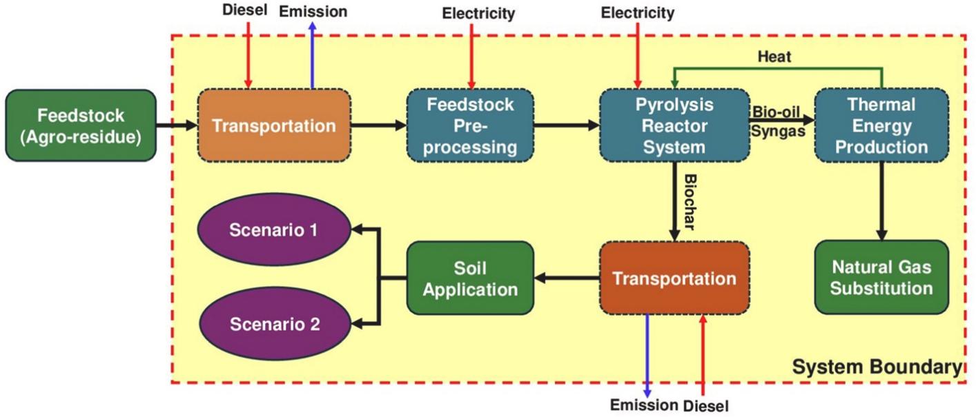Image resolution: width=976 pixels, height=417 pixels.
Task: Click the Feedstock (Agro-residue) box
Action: pyautogui.click(x=80, y=125)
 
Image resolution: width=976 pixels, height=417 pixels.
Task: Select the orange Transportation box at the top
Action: pyautogui.click(x=273, y=125)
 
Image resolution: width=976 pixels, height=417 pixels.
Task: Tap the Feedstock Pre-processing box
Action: pyautogui.click(x=471, y=125)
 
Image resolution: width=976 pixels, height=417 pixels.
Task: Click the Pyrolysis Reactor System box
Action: pyautogui.click(x=674, y=125)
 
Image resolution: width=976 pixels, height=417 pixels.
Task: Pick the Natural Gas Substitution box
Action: pyautogui.click(x=881, y=277)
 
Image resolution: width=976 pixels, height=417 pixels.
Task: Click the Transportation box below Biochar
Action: pyautogui.click(x=674, y=278)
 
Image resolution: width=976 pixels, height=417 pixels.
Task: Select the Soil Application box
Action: pyautogui.click(x=470, y=278)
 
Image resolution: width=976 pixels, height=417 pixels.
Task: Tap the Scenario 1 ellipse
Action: pyautogui.click(x=275, y=229)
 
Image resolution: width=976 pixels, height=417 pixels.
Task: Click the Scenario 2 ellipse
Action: pyautogui.click(x=275, y=324)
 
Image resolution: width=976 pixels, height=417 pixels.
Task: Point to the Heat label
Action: pyautogui.click(x=774, y=57)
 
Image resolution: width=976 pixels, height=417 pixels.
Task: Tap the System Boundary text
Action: pyautogui.click(x=876, y=367)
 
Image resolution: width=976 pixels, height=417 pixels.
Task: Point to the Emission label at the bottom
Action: pyautogui.click(x=643, y=405)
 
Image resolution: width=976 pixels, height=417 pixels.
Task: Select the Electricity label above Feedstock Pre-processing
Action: pyautogui.click(x=478, y=12)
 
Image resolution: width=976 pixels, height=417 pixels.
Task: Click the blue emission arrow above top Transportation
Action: pyautogui.click(x=312, y=55)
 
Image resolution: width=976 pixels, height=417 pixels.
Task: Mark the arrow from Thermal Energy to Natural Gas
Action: pyautogui.click(x=881, y=200)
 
